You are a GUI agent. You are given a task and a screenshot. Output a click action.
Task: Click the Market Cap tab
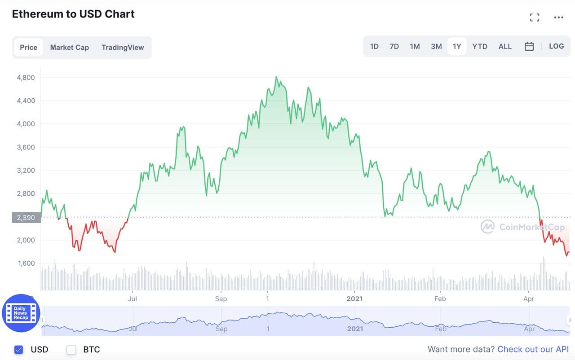click(x=69, y=47)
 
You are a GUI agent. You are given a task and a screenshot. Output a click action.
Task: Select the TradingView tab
click(x=123, y=47)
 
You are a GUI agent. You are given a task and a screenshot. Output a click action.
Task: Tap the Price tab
click(x=28, y=47)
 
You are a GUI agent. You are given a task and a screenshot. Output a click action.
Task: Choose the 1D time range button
click(x=374, y=46)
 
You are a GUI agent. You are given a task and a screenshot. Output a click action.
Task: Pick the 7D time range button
click(x=394, y=46)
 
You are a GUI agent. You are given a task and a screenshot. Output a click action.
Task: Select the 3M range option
click(x=436, y=46)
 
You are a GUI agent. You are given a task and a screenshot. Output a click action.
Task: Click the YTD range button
click(x=480, y=46)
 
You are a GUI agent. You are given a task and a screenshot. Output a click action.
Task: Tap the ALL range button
click(x=505, y=46)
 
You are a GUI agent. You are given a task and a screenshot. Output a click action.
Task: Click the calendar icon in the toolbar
click(x=529, y=46)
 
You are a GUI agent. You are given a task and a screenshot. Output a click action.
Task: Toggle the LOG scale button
click(x=556, y=46)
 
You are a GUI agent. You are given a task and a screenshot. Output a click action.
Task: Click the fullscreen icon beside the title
click(x=535, y=18)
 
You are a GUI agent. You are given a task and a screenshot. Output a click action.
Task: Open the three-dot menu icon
click(x=558, y=18)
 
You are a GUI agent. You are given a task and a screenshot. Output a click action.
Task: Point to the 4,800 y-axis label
click(x=26, y=77)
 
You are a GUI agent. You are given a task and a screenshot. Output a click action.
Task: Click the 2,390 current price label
click(x=26, y=218)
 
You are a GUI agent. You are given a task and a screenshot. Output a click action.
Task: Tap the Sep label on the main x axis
click(x=221, y=299)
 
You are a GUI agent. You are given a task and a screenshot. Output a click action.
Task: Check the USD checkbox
click(x=19, y=349)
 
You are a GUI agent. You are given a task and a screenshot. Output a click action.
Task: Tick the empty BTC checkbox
click(x=71, y=349)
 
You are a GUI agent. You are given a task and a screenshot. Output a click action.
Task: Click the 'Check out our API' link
click(x=533, y=349)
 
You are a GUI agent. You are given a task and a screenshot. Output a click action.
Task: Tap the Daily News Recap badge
click(x=21, y=313)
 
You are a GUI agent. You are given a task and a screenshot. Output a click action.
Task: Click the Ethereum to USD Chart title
click(x=73, y=14)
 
